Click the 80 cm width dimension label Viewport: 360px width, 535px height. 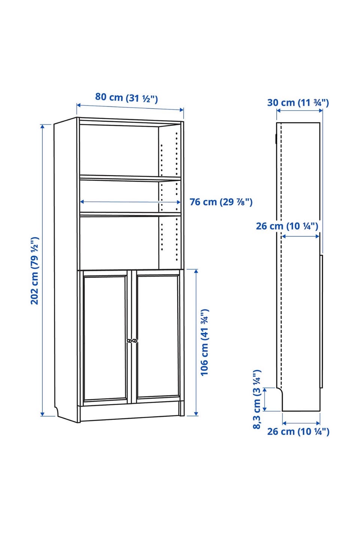(127, 98)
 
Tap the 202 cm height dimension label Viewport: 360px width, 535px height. (34, 271)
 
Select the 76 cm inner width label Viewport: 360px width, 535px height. (221, 202)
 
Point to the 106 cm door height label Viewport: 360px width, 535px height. (205, 342)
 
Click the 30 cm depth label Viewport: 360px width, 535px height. (298, 103)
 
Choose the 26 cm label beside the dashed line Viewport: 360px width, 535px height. (287, 226)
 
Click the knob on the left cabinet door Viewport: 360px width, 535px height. (129, 341)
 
